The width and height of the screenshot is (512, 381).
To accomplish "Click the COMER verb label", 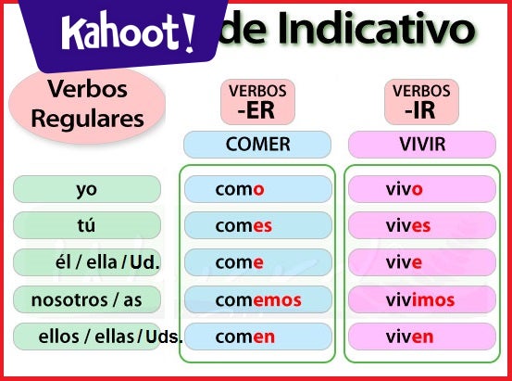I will (x=257, y=144).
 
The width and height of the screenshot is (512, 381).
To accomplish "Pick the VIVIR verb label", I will (x=421, y=144).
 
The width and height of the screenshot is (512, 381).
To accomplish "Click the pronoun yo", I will (x=87, y=189).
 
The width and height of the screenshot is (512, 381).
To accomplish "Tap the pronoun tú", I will (x=87, y=225).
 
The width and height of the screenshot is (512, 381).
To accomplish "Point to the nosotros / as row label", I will (x=87, y=299).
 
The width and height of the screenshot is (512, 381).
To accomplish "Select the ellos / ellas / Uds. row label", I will (x=97, y=337).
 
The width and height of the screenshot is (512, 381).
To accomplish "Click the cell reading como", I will (x=257, y=189).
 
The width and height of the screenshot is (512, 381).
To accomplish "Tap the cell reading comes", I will (x=257, y=225).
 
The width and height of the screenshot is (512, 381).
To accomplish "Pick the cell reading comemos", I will (x=257, y=299).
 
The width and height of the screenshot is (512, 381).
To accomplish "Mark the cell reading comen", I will (x=257, y=337).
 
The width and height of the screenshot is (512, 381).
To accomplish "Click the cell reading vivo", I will (x=421, y=189).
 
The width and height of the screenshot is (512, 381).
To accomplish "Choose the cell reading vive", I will (x=421, y=262).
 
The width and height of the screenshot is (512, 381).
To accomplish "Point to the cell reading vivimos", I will (x=421, y=299).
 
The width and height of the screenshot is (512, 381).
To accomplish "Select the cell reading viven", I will (x=421, y=337).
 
